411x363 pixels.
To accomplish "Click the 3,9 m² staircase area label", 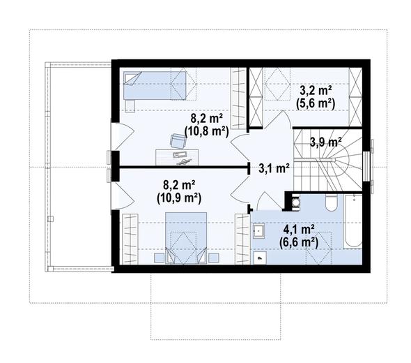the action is (x=326, y=142).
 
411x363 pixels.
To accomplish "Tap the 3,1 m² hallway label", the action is (x=274, y=168).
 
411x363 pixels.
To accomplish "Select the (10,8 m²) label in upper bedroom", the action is (x=207, y=131).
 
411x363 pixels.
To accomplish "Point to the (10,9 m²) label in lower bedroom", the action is (x=179, y=198).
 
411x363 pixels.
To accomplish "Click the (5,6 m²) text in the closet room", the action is (x=316, y=103).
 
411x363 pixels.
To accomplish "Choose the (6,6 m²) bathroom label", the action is (x=299, y=242).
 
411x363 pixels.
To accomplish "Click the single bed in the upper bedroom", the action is (x=155, y=85).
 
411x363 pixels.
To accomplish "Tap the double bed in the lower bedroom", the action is (x=186, y=238).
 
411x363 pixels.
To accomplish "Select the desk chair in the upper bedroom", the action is (x=178, y=141).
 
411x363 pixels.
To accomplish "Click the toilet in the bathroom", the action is (x=331, y=202).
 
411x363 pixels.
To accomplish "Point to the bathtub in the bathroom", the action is (x=352, y=221).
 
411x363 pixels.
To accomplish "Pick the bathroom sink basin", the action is (x=258, y=230).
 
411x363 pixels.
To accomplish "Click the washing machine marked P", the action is (x=259, y=258).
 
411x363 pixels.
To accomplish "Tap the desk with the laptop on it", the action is (x=177, y=157).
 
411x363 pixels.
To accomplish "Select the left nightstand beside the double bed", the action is (x=159, y=258).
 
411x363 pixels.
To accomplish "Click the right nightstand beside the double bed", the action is (x=214, y=258).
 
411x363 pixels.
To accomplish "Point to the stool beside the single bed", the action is (x=130, y=106).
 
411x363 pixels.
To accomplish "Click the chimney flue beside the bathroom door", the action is (x=295, y=202).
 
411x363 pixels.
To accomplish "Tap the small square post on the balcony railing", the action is (x=51, y=218).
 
